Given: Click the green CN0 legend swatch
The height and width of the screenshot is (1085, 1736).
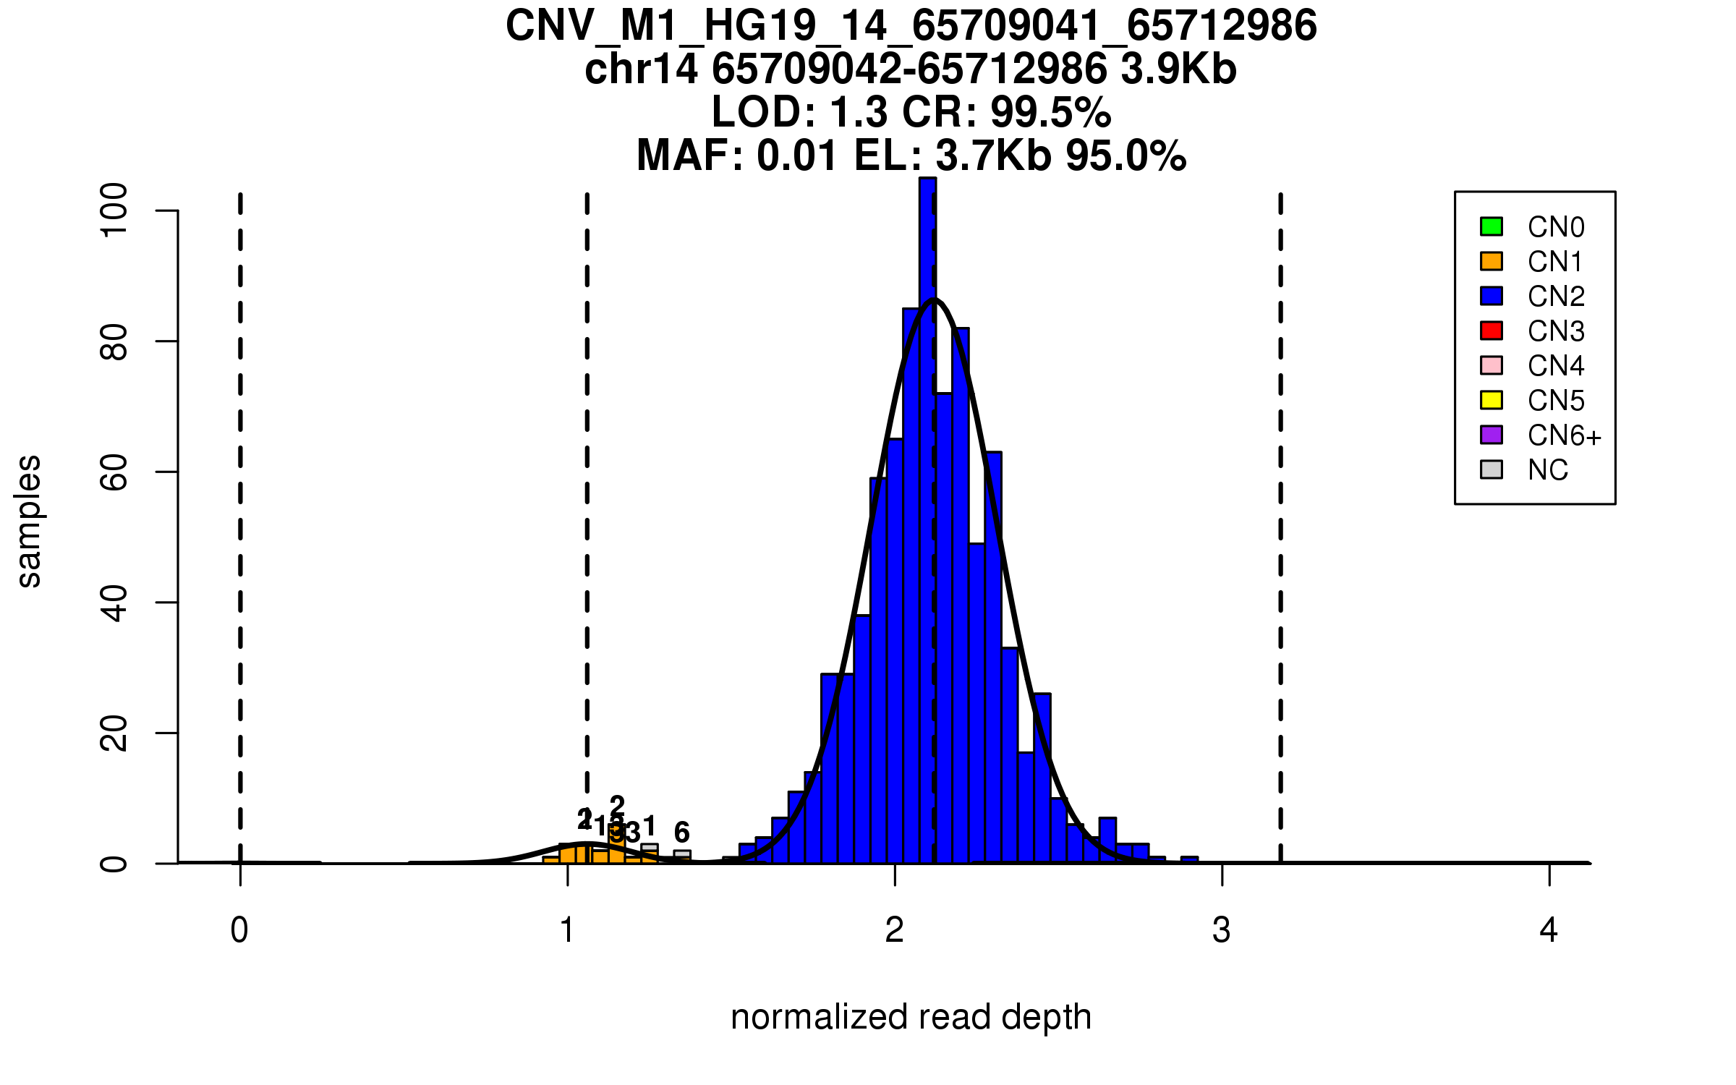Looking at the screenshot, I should pyautogui.click(x=1492, y=226).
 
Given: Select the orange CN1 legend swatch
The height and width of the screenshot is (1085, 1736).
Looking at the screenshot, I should pyautogui.click(x=1492, y=261).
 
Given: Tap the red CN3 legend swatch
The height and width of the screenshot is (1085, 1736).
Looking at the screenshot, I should pyautogui.click(x=1492, y=331).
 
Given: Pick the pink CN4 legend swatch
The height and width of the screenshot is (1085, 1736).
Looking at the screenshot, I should pyautogui.click(x=1492, y=365).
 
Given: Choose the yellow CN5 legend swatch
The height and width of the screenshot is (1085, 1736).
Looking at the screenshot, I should pyautogui.click(x=1492, y=400).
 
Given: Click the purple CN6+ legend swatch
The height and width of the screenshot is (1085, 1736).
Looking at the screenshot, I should pyautogui.click(x=1492, y=435).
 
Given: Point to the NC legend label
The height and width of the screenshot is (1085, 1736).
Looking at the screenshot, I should pyautogui.click(x=1547, y=470).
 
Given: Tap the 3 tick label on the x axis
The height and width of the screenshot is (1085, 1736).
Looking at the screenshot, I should pyautogui.click(x=1222, y=930).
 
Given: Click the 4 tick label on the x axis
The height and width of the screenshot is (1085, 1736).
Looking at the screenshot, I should pyautogui.click(x=1549, y=930).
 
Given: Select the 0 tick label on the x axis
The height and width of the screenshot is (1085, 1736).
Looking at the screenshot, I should pyautogui.click(x=239, y=930).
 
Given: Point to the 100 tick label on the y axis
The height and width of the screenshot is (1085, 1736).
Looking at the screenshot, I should pyautogui.click(x=114, y=210).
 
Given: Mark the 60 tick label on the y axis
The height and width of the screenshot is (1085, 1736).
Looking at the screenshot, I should pyautogui.click(x=114, y=472).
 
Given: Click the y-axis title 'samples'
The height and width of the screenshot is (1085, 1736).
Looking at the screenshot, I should pyautogui.click(x=29, y=521).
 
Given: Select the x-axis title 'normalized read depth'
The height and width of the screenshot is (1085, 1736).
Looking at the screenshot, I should pyautogui.click(x=911, y=1017).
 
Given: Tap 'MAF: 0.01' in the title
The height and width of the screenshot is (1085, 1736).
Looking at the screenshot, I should pyautogui.click(x=738, y=156).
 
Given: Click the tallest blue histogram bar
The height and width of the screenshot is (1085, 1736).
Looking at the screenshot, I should pyautogui.click(x=927, y=506).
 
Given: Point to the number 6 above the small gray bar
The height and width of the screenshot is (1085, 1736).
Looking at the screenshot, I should pyautogui.click(x=681, y=832).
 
